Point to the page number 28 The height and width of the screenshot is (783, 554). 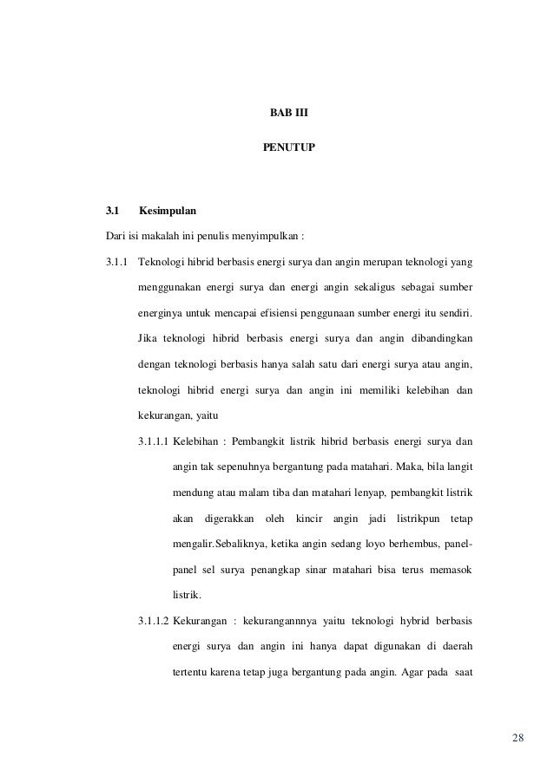point(518,738)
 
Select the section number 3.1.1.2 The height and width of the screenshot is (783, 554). point(154,621)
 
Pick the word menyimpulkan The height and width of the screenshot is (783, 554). point(260,235)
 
